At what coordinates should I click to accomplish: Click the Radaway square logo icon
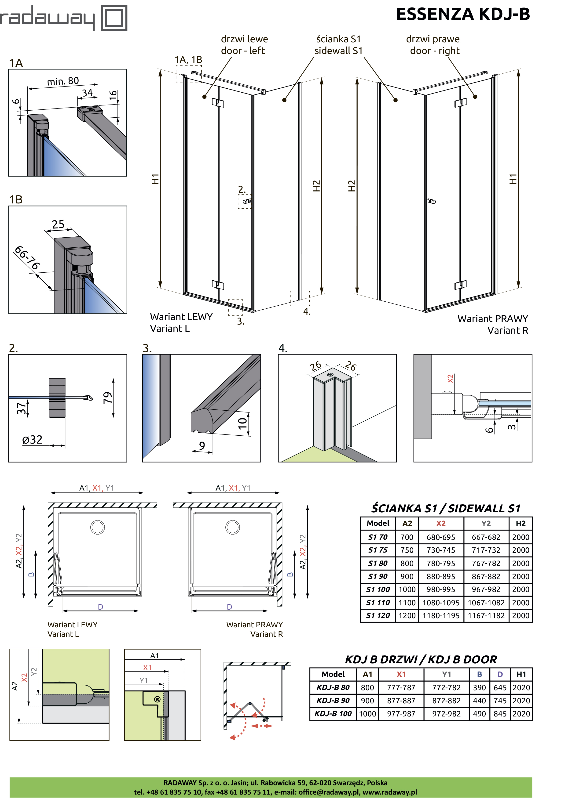(114, 18)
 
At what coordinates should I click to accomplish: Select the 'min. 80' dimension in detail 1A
(63, 81)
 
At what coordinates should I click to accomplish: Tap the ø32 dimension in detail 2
(32, 440)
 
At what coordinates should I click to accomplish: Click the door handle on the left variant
(247, 201)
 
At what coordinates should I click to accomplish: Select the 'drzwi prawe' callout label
(433, 39)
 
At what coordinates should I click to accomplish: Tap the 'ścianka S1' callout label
(338, 39)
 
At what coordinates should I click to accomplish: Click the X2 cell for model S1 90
(441, 577)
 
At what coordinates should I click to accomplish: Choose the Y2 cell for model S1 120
(486, 616)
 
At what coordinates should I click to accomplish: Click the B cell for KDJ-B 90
(480, 701)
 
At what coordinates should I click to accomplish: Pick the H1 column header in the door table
(521, 674)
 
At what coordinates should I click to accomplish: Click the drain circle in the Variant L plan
(98, 528)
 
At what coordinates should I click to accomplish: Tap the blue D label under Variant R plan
(230, 607)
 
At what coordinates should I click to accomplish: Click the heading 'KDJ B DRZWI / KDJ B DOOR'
(421, 659)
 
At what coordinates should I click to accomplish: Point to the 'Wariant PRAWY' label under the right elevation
(493, 319)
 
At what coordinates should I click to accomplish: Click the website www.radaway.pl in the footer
(390, 792)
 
